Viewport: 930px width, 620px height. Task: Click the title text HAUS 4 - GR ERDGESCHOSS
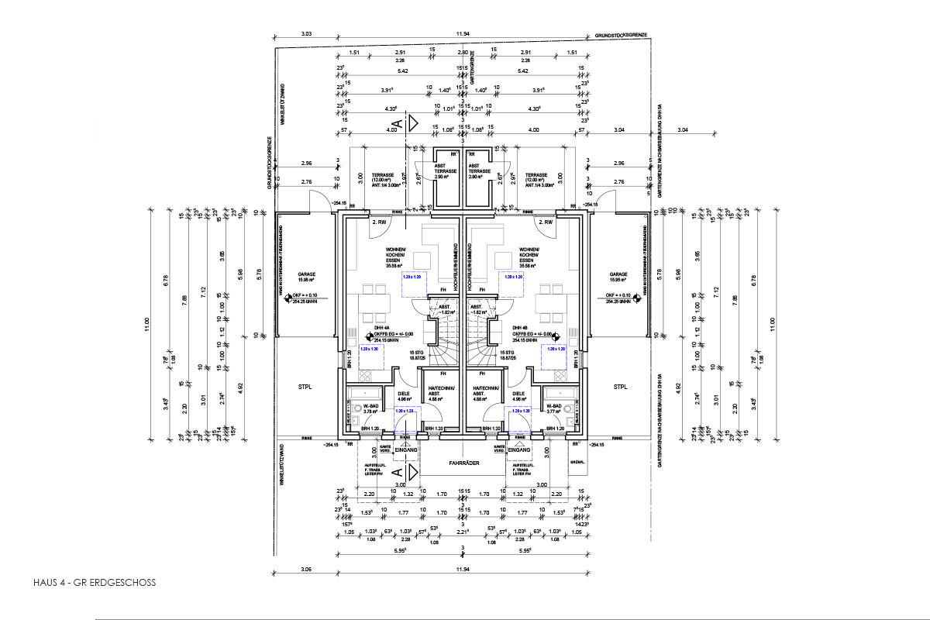click(94, 582)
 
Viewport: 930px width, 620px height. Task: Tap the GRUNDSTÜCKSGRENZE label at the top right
click(621, 36)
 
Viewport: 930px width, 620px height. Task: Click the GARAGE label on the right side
click(618, 274)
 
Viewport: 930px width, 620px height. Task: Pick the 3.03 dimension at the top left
click(306, 34)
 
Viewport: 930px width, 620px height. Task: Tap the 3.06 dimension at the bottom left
click(306, 570)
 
